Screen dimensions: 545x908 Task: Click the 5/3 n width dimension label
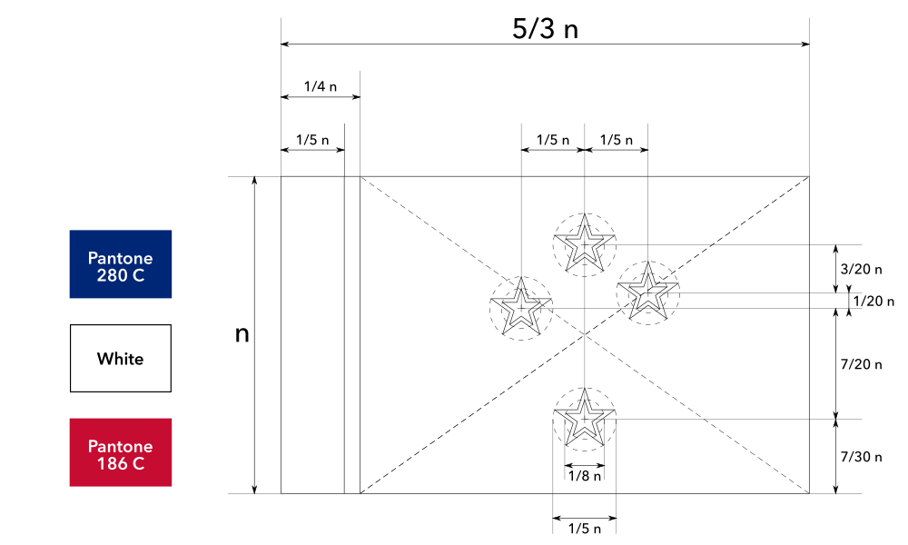pyautogui.click(x=545, y=28)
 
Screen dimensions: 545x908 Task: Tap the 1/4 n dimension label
pyautogui.click(x=320, y=87)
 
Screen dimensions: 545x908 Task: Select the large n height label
pyautogui.click(x=242, y=334)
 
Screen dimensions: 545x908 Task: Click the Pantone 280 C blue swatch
pyautogui.click(x=121, y=264)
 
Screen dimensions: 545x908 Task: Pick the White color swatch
pyautogui.click(x=121, y=359)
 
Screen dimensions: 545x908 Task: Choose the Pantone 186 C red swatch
pyautogui.click(x=121, y=452)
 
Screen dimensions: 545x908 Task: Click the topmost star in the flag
pyautogui.click(x=584, y=244)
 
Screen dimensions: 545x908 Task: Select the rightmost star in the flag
pyautogui.click(x=647, y=292)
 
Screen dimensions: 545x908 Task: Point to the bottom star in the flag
pyautogui.click(x=584, y=419)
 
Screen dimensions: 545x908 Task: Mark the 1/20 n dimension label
pyautogui.click(x=874, y=302)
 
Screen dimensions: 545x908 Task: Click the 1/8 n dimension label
pyautogui.click(x=584, y=474)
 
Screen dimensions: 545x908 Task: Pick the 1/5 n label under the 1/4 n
pyautogui.click(x=312, y=141)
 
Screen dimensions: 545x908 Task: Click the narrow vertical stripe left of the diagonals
pyautogui.click(x=352, y=334)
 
